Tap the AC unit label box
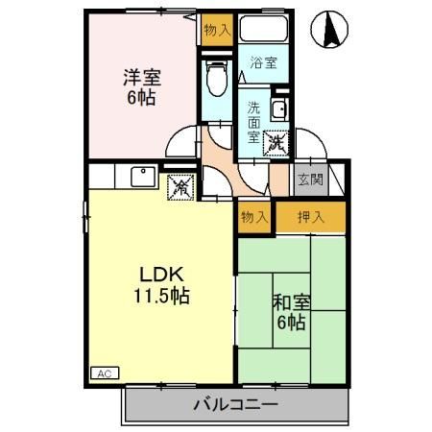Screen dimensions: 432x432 (x=101, y=372)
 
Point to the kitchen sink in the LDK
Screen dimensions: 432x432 (x=141, y=179)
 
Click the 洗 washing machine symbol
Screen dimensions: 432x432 (x=276, y=143)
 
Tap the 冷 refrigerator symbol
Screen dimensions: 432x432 (x=179, y=187)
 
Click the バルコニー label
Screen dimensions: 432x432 (x=235, y=405)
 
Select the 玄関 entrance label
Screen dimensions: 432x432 (x=309, y=179)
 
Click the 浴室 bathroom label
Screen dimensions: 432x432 (x=264, y=63)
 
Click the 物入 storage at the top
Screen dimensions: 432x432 (x=217, y=30)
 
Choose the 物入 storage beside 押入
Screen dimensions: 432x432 (x=254, y=217)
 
